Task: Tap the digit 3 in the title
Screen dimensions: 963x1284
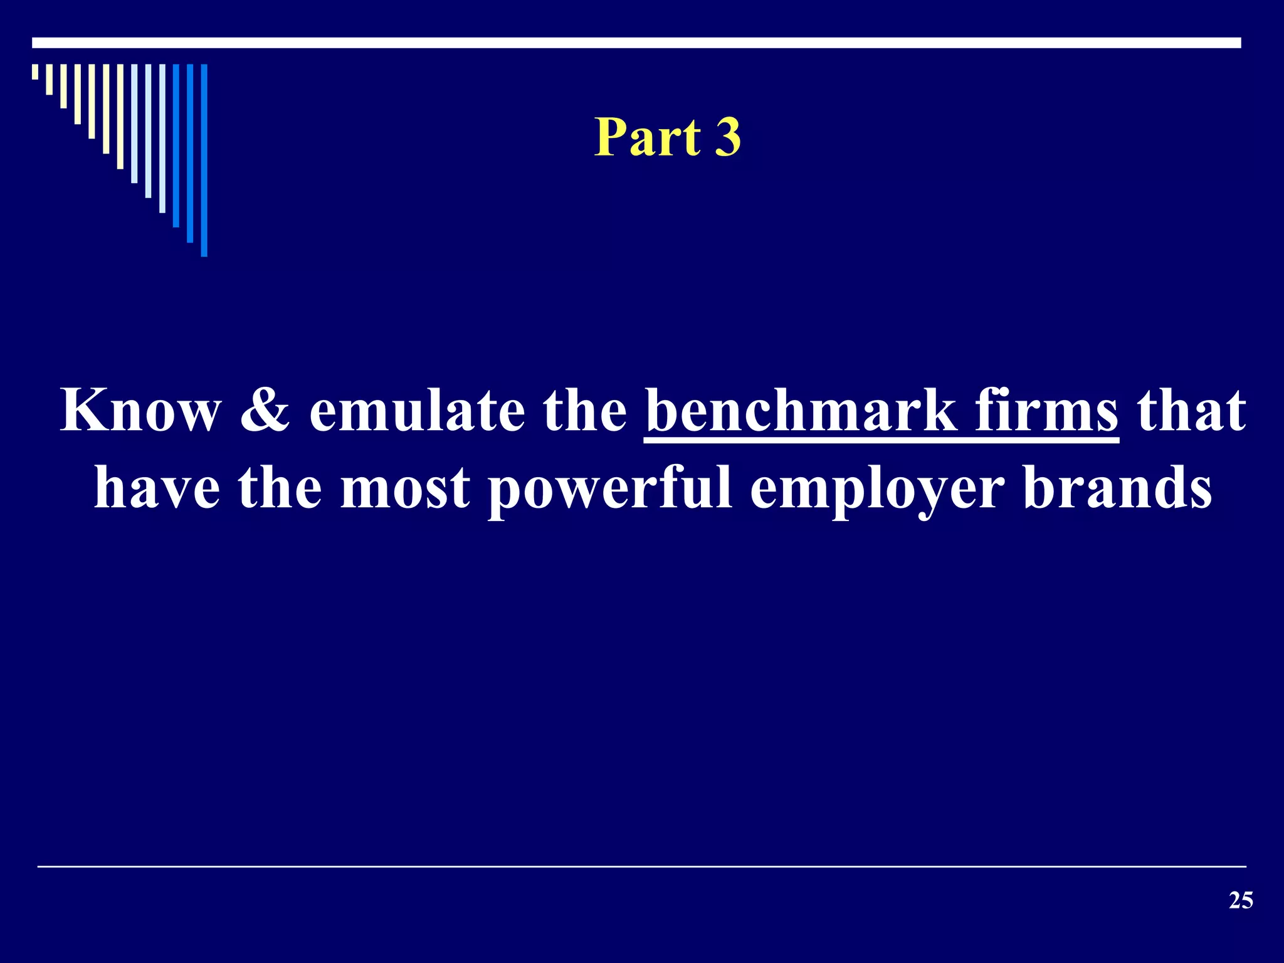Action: pos(728,137)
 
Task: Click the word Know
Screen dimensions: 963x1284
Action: pos(140,411)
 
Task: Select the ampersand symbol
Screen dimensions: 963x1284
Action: pos(266,411)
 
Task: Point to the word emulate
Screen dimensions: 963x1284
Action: pos(417,411)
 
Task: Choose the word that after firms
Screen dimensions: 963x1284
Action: pos(1191,411)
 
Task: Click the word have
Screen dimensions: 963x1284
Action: pos(157,488)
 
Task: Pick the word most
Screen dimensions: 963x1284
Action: pos(404,488)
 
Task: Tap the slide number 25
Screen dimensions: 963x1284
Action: pos(1241,901)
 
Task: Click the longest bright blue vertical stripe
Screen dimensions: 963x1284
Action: pos(204,160)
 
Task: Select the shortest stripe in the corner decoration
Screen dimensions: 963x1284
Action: pos(35,71)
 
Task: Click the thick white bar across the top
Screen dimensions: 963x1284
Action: pos(636,43)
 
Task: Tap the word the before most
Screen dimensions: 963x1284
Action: pos(279,488)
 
